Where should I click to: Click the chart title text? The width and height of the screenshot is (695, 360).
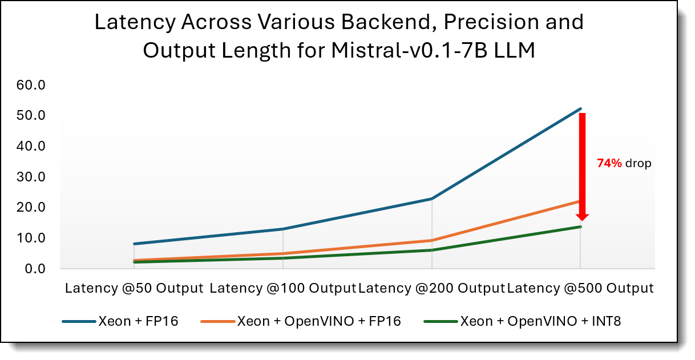(339, 37)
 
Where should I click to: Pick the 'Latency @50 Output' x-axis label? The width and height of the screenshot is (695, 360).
(134, 288)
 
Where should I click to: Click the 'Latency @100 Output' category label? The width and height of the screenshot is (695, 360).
(283, 288)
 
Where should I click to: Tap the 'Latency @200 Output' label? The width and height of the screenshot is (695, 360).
(431, 288)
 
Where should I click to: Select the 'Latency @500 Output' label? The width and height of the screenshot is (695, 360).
(580, 288)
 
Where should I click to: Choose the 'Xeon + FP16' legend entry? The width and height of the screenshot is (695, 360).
(120, 321)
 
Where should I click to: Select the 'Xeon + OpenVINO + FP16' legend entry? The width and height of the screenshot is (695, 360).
(301, 321)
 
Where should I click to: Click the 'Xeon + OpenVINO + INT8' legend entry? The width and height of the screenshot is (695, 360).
(523, 321)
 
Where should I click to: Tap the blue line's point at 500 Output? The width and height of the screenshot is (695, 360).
(580, 108)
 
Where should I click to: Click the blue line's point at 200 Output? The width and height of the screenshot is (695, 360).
(432, 199)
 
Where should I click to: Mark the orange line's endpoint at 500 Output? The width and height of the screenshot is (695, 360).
(580, 201)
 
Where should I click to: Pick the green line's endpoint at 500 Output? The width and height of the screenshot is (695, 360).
(580, 226)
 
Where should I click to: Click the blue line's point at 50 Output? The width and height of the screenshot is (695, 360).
(134, 244)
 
